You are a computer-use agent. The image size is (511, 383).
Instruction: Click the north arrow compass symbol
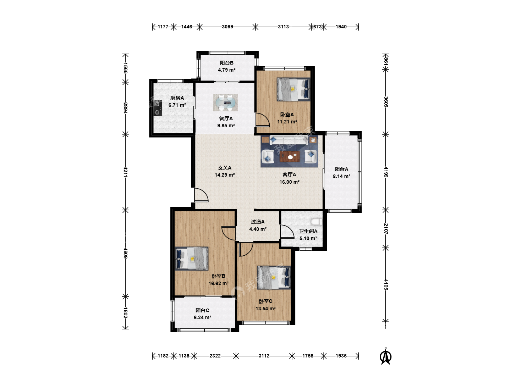click(x=385, y=356)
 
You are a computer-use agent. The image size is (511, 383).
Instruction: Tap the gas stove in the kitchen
click(x=158, y=108)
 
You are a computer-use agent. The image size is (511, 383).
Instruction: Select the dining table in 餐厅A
click(x=226, y=102)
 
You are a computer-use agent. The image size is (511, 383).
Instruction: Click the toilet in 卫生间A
click(x=317, y=222)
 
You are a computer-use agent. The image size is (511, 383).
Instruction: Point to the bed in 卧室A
click(x=293, y=89)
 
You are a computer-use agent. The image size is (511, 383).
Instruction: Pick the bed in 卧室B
click(x=192, y=259)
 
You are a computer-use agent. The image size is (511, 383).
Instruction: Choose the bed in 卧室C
click(x=274, y=278)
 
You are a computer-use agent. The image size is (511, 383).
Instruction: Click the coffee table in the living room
click(x=290, y=156)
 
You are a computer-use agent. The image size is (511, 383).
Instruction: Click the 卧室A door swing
click(x=263, y=120)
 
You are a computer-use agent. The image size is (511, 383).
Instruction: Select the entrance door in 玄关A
click(x=201, y=195)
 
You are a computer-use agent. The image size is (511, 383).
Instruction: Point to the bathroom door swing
click(x=287, y=232)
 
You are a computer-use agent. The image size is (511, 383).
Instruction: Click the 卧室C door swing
click(x=246, y=249)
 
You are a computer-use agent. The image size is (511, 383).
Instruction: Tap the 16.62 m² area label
click(x=218, y=283)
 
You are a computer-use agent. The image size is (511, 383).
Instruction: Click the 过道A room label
click(x=258, y=222)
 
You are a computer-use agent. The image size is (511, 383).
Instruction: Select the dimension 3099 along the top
click(x=227, y=27)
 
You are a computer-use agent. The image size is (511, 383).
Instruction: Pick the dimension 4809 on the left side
click(x=126, y=253)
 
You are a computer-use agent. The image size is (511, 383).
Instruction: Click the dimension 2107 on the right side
click(x=386, y=229)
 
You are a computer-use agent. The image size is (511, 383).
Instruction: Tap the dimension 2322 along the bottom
click(x=215, y=356)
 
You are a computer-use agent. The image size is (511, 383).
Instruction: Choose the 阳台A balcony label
click(x=341, y=169)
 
